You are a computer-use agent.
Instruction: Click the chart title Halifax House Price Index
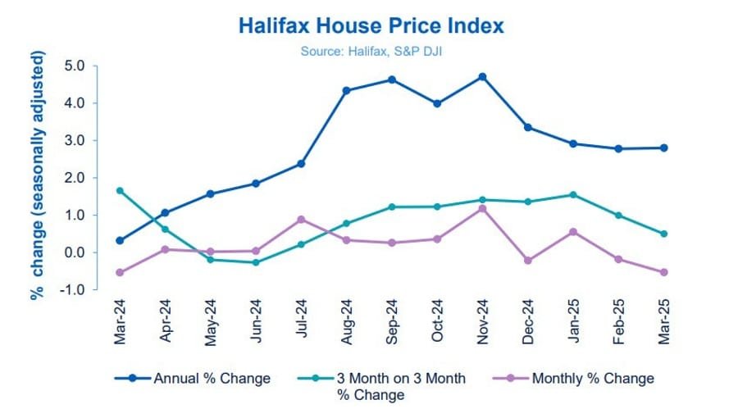click(x=371, y=26)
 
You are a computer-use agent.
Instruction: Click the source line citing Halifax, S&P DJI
click(x=371, y=51)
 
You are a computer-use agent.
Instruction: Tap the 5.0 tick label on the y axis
click(x=75, y=66)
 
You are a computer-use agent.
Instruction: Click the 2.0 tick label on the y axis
click(x=75, y=178)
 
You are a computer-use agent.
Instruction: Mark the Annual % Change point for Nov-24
click(x=482, y=77)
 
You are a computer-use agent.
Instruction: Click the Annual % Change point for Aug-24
click(x=346, y=90)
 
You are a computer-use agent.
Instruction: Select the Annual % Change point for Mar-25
click(x=663, y=148)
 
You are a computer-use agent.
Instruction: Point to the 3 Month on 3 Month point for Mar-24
click(x=121, y=191)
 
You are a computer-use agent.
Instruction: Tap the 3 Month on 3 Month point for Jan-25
click(x=572, y=195)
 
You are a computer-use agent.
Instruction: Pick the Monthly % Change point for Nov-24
click(x=482, y=209)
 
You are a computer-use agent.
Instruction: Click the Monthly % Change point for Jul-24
click(x=301, y=220)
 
